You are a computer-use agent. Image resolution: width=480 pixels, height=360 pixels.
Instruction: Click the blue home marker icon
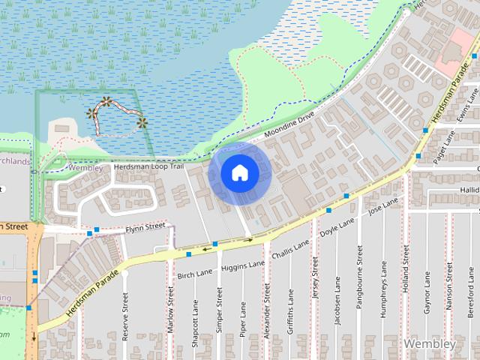[x=240, y=173]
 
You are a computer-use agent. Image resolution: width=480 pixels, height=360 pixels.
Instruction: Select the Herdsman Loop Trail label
[x=148, y=166]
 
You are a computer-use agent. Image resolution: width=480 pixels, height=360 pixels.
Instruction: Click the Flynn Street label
[x=145, y=226]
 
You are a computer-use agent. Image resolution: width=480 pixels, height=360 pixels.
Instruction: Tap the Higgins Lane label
[x=243, y=265]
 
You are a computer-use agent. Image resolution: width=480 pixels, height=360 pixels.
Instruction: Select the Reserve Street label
[x=125, y=317]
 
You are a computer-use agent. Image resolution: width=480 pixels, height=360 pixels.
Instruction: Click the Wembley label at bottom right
[x=429, y=343]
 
